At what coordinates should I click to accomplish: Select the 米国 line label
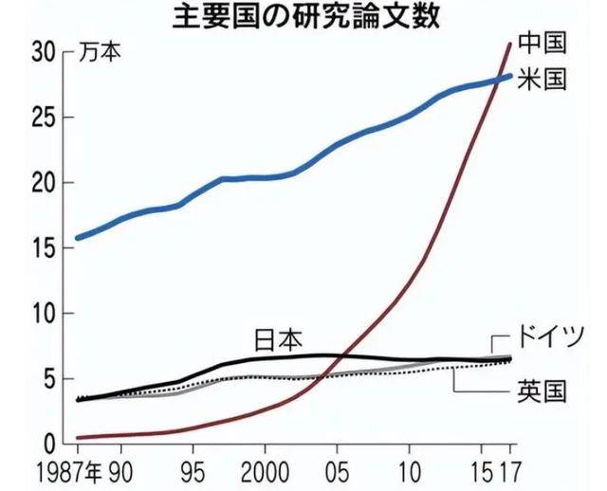click(x=542, y=80)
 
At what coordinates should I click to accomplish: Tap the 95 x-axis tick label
click(x=192, y=471)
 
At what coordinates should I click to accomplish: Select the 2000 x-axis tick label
click(x=264, y=471)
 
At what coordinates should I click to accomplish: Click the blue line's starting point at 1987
click(x=78, y=237)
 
